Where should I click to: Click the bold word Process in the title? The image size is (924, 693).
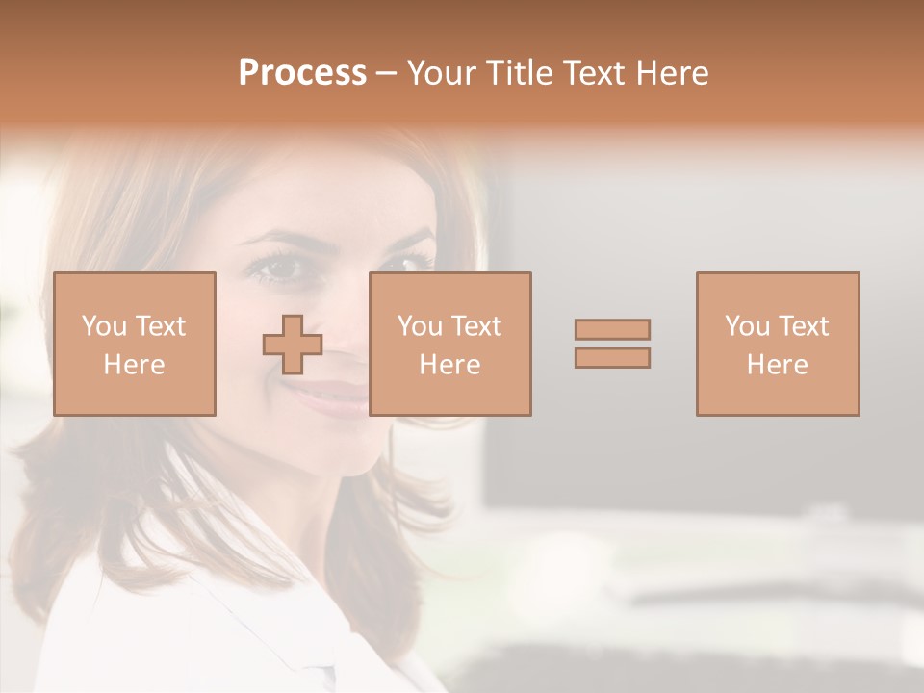[302, 73]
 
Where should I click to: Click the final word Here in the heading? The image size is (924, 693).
[674, 73]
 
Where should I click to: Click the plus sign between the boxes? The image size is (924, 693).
[293, 345]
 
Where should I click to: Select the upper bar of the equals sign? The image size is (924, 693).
[612, 329]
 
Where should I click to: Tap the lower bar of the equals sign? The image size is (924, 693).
[612, 357]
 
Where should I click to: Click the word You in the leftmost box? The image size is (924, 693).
[104, 326]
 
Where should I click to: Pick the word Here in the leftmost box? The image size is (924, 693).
[134, 365]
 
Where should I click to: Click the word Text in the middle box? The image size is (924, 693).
[476, 326]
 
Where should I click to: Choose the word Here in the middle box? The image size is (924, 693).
[449, 365]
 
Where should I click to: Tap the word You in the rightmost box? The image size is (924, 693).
[747, 326]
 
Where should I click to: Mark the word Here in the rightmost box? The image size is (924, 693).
[777, 365]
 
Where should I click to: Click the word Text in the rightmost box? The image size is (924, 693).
[804, 326]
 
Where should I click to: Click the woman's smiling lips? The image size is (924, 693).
[332, 395]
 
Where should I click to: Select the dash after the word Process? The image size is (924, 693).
[387, 74]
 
